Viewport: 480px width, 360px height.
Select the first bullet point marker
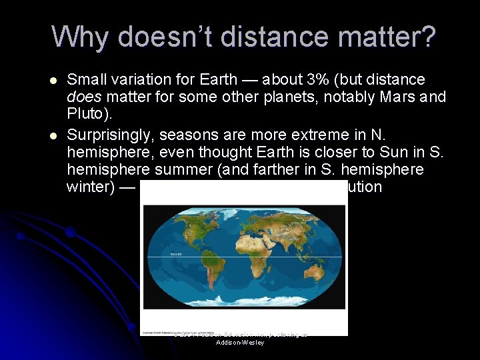point(53,80)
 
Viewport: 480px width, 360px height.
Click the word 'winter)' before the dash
point(90,187)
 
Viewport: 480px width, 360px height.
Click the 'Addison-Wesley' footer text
point(240,343)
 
